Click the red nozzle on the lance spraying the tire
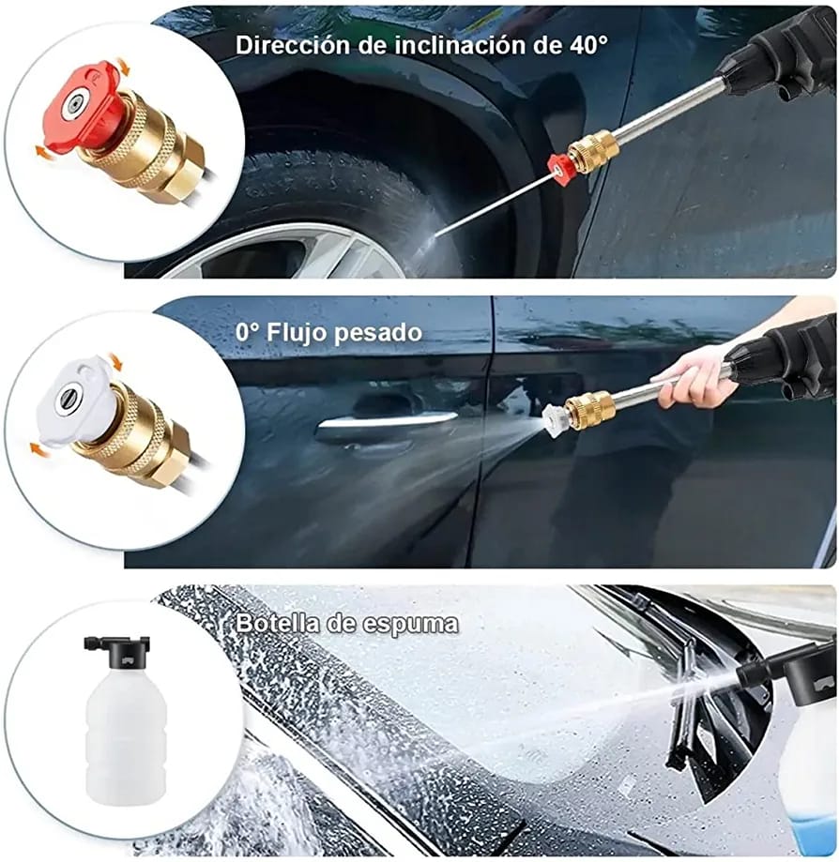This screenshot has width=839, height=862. coord(563,170)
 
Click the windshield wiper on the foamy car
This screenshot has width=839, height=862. coord(690,694)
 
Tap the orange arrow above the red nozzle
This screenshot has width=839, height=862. coord(123,68)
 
